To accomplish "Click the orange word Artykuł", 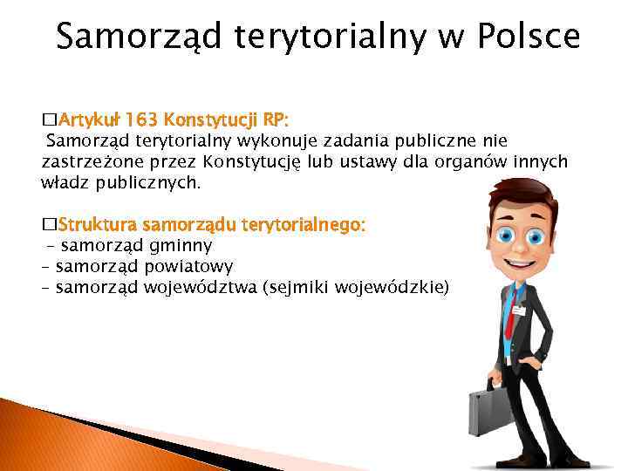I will coord(91,118).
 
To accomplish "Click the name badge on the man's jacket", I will coord(522,310).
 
